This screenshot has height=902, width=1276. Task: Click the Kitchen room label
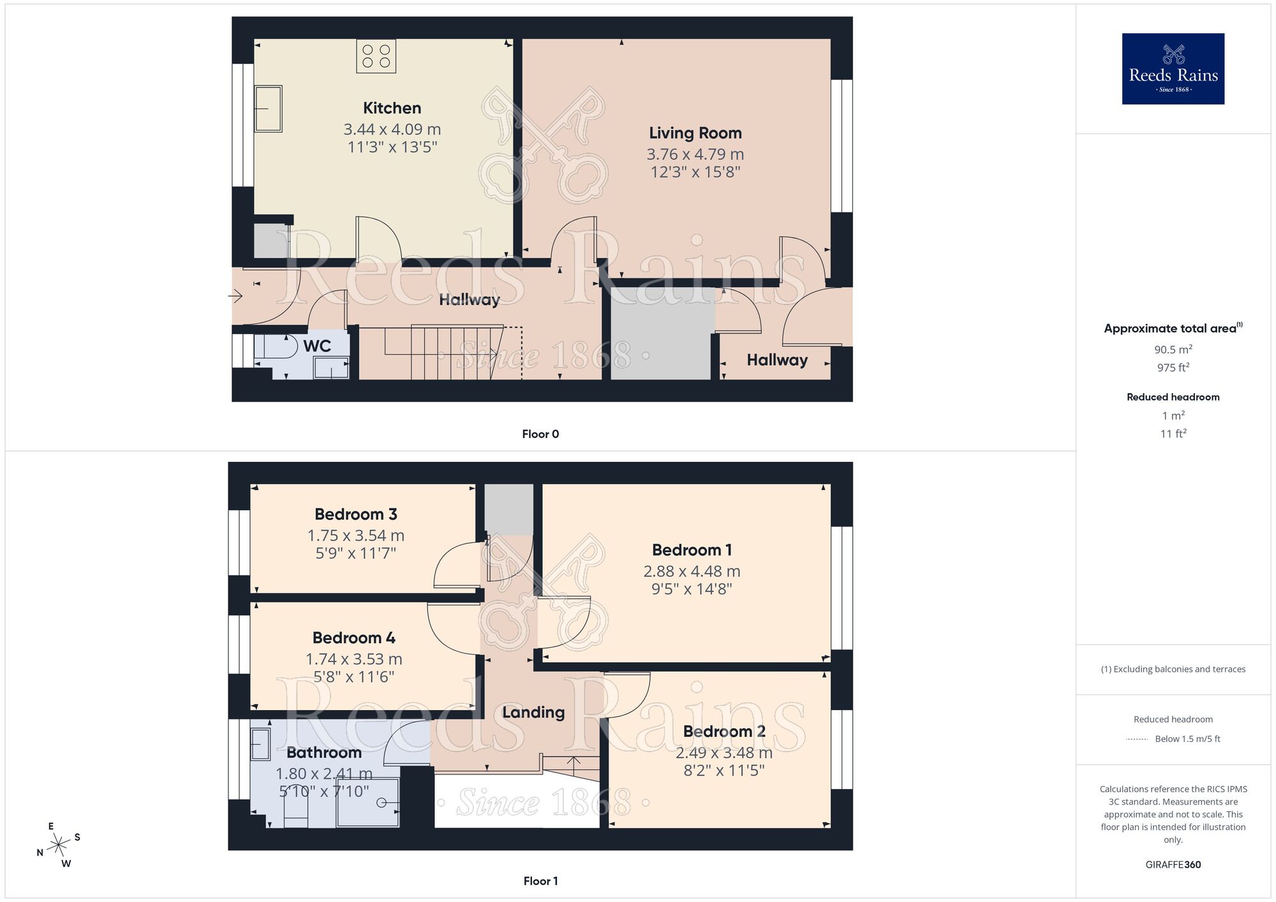(x=392, y=108)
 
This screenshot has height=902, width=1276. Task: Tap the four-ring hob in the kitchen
(x=376, y=55)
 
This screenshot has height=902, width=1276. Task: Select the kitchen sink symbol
(x=268, y=109)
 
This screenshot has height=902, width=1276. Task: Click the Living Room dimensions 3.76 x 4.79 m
(x=695, y=154)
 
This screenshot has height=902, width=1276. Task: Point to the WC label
(x=317, y=346)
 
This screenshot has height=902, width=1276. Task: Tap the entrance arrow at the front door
(x=235, y=296)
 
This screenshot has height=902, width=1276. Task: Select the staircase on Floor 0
(x=447, y=352)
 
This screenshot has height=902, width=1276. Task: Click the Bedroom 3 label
(x=355, y=514)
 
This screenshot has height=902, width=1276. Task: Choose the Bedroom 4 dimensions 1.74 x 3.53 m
(x=353, y=659)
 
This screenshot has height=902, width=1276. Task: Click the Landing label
(x=533, y=712)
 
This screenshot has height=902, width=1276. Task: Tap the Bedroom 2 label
(x=724, y=731)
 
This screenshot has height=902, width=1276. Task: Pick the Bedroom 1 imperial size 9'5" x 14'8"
(x=692, y=589)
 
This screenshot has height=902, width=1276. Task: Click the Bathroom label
(x=324, y=752)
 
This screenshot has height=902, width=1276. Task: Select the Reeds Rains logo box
(x=1173, y=69)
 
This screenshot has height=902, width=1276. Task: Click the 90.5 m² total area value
(x=1173, y=350)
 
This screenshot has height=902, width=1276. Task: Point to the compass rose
(x=59, y=845)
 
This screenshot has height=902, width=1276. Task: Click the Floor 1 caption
(x=540, y=881)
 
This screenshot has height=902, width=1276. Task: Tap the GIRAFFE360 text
(x=1173, y=865)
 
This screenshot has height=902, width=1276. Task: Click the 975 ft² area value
(x=1173, y=367)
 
